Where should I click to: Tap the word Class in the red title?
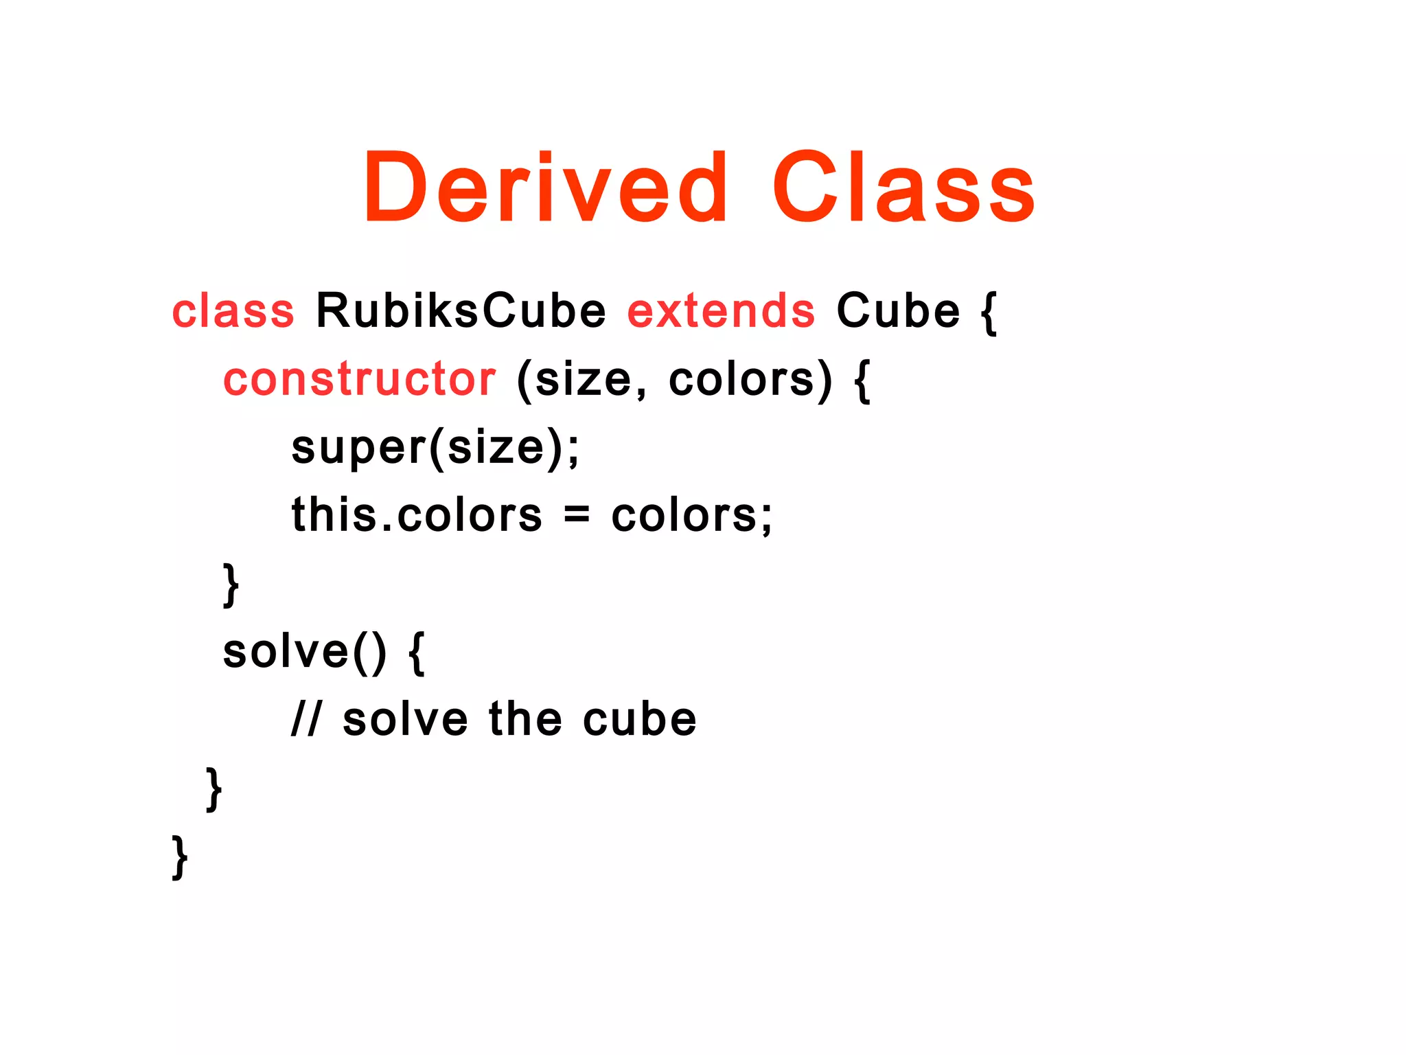click(x=903, y=188)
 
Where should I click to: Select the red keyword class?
click(x=233, y=311)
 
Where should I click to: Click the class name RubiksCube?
click(x=461, y=311)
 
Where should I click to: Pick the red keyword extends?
click(x=721, y=311)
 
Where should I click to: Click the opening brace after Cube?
click(x=989, y=313)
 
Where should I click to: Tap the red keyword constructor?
click(x=359, y=379)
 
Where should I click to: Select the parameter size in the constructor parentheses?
click(x=583, y=380)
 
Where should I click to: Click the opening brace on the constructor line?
click(x=862, y=381)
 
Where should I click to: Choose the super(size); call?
click(x=435, y=448)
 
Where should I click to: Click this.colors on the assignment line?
click(x=417, y=515)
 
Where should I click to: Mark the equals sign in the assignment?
click(x=577, y=515)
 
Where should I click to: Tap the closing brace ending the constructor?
click(x=231, y=585)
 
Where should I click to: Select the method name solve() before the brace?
click(x=304, y=652)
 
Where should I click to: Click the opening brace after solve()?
click(x=417, y=653)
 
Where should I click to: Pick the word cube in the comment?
click(x=640, y=720)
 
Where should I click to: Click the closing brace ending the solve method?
click(x=214, y=789)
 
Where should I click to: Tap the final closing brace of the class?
click(x=180, y=857)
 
